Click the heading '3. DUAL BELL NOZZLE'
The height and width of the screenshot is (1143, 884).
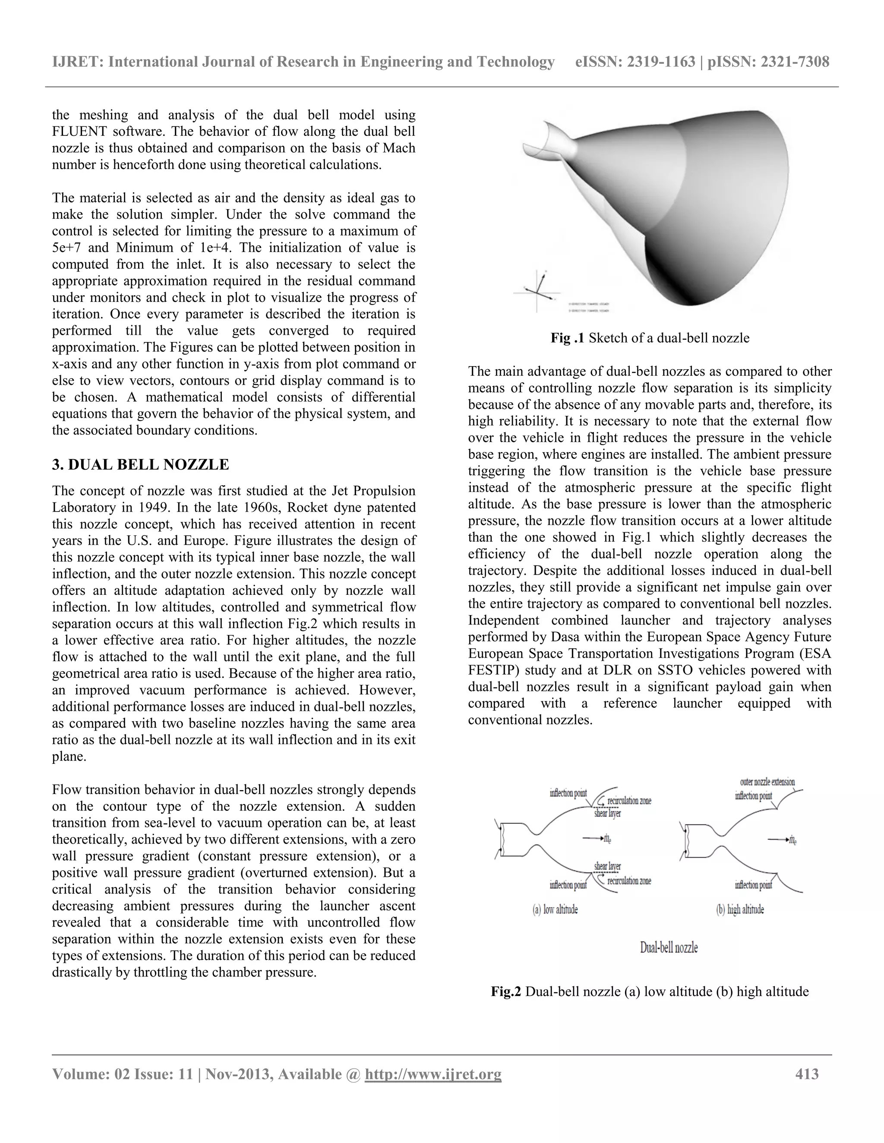(x=140, y=465)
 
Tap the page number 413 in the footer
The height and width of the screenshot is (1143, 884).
(x=806, y=1074)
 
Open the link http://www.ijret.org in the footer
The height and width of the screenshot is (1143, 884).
(x=433, y=1074)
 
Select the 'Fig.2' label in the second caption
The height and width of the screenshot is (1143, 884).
(x=505, y=991)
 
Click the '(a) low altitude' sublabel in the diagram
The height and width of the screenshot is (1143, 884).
(x=555, y=910)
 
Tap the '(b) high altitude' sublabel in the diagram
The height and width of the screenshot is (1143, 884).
(x=739, y=910)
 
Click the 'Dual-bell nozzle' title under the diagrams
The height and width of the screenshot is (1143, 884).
(x=669, y=948)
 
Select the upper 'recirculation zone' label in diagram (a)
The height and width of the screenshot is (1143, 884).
(x=628, y=801)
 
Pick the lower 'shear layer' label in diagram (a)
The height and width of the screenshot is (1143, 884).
(x=607, y=866)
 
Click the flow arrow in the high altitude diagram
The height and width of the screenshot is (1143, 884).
(x=778, y=840)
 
